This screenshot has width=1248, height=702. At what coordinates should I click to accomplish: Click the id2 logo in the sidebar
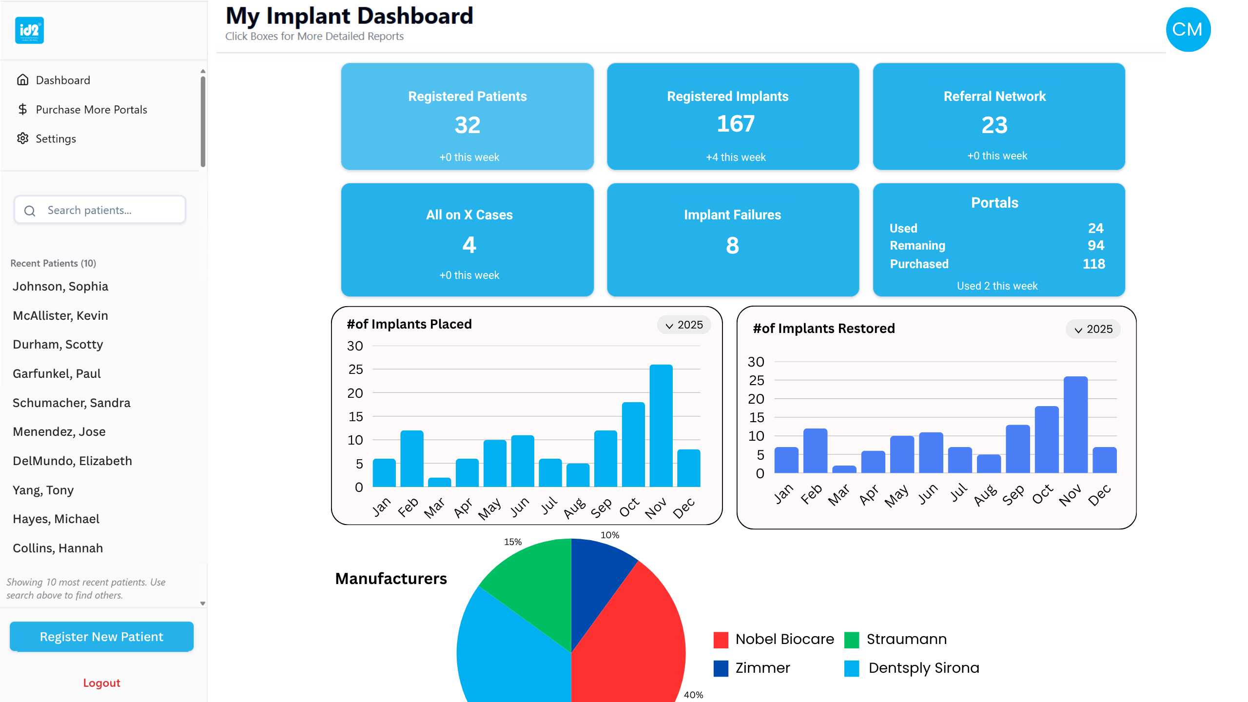29,30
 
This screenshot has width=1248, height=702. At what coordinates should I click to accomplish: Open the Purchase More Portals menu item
91,110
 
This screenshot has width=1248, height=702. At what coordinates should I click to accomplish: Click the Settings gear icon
22,138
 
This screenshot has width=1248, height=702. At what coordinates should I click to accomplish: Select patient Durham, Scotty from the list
58,344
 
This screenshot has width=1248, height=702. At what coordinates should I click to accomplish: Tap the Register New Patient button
101,637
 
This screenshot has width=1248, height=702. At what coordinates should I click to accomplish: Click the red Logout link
101,682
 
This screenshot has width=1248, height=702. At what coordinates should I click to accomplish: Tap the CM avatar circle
1188,29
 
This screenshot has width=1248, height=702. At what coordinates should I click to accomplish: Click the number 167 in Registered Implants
735,124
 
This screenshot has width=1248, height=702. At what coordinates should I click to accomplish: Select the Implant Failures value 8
732,245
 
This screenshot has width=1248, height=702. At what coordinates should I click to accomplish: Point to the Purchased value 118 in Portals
1093,264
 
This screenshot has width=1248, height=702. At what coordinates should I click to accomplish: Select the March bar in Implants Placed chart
439,482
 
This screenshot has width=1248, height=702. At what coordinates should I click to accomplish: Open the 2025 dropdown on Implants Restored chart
1093,329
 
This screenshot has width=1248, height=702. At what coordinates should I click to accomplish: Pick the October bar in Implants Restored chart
1046,439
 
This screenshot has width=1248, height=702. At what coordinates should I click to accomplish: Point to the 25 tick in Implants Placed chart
355,370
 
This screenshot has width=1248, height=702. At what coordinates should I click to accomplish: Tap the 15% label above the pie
513,542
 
